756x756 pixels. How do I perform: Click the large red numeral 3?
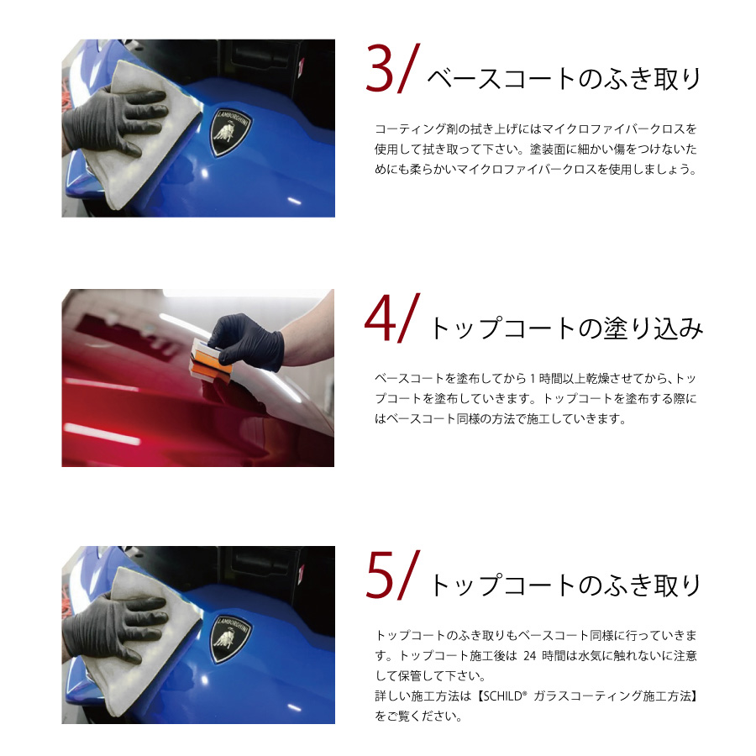pos(380,69)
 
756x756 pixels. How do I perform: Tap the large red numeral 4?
pos(381,319)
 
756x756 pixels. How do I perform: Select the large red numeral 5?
pos(380,576)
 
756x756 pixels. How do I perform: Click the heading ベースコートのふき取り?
pos(563,79)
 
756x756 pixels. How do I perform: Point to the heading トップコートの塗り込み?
pos(566,328)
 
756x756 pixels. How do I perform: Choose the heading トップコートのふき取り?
pos(565,585)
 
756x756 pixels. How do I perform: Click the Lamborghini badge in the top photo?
pos(230,132)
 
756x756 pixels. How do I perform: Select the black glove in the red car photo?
pos(249,341)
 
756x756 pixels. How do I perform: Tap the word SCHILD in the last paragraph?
pos(503,696)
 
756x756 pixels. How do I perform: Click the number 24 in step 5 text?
pos(530,656)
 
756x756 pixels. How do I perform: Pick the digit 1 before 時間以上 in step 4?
pos(533,379)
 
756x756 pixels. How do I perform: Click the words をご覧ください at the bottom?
pos(418,717)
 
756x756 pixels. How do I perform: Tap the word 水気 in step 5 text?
pos(589,656)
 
